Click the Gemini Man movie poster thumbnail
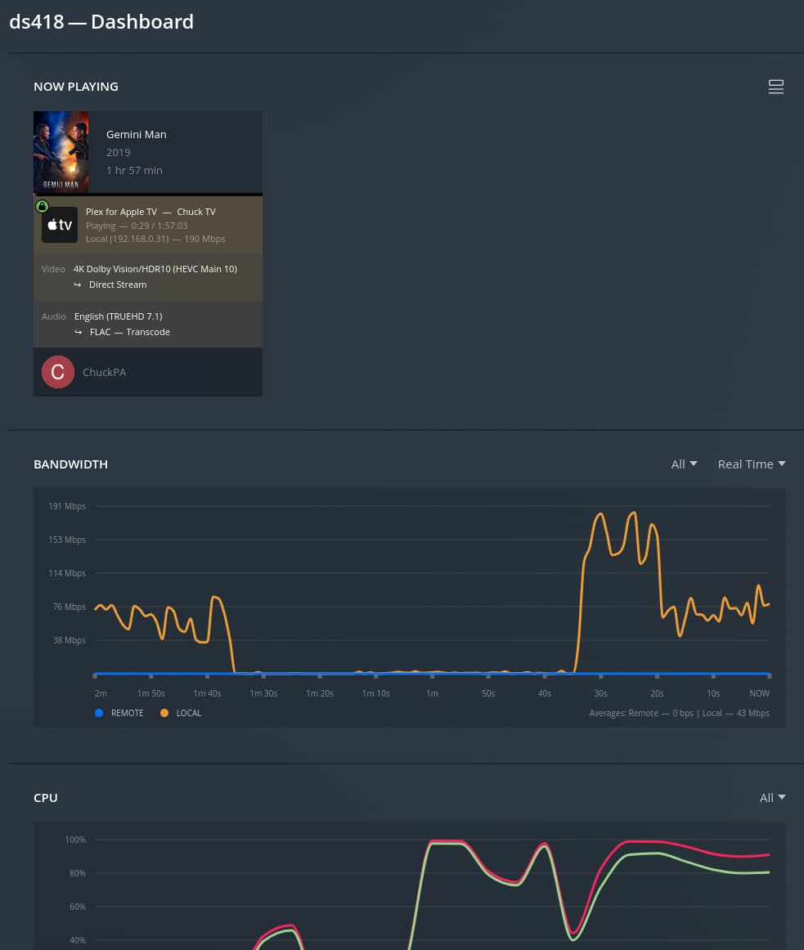coord(61,152)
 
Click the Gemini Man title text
coord(137,134)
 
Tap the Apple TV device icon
coord(60,225)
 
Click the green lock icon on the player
coord(42,206)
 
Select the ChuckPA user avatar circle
coord(58,372)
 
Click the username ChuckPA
coord(105,372)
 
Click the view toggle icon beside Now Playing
coord(776,87)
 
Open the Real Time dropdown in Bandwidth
coord(751,464)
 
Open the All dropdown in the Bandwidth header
coord(684,464)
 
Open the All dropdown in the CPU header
coord(772,798)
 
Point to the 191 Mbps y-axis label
coord(67,506)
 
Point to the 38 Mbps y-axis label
coord(70,640)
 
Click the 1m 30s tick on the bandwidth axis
coord(263,693)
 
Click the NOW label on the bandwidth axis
coord(759,693)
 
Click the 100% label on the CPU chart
coord(75,840)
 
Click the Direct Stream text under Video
coord(118,285)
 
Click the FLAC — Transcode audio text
coord(129,332)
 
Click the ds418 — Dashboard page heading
coord(101,22)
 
